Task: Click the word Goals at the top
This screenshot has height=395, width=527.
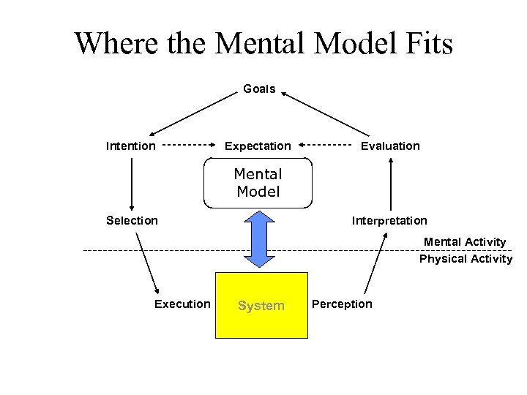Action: (x=259, y=89)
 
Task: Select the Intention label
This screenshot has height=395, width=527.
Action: (x=131, y=146)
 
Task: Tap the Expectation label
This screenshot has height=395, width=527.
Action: (x=257, y=146)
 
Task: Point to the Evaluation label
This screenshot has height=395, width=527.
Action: (x=390, y=146)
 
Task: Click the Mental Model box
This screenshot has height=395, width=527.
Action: (x=258, y=184)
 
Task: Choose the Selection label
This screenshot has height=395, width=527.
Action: (x=132, y=220)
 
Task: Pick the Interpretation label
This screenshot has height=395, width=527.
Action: (x=389, y=220)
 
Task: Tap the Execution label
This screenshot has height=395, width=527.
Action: (x=182, y=304)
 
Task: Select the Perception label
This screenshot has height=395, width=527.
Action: (x=342, y=304)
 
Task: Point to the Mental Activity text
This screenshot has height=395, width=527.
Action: (x=465, y=241)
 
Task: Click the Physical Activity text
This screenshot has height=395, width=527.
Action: (x=466, y=259)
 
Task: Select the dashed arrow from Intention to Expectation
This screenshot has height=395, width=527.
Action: (x=189, y=145)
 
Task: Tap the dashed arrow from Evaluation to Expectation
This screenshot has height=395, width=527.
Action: (x=326, y=145)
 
